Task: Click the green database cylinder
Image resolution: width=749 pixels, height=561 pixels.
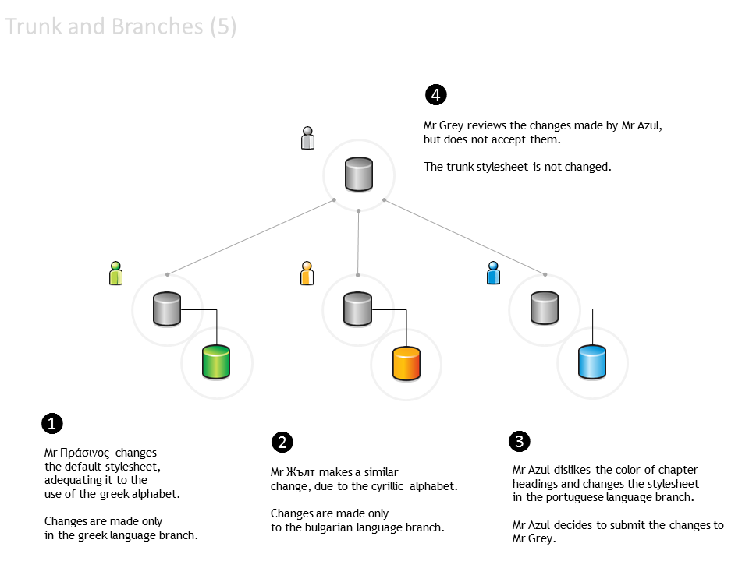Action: (216, 362)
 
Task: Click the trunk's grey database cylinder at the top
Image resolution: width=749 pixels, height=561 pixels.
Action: (359, 174)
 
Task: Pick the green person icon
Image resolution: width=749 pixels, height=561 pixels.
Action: (116, 273)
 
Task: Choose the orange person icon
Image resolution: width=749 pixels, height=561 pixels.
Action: (307, 273)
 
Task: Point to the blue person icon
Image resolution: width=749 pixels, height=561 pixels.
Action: (493, 273)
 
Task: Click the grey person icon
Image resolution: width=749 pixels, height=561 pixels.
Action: (308, 138)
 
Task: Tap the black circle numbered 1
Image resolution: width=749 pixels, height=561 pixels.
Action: (51, 424)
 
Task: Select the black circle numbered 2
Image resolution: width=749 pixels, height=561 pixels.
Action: (282, 443)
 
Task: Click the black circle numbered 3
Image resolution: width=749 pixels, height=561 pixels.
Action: (520, 442)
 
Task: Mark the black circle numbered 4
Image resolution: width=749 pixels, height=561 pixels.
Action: (435, 95)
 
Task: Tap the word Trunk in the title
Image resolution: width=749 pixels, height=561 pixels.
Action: (34, 27)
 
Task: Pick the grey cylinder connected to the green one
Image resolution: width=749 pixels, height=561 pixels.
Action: (167, 309)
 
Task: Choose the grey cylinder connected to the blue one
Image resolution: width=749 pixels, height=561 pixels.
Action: (545, 309)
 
